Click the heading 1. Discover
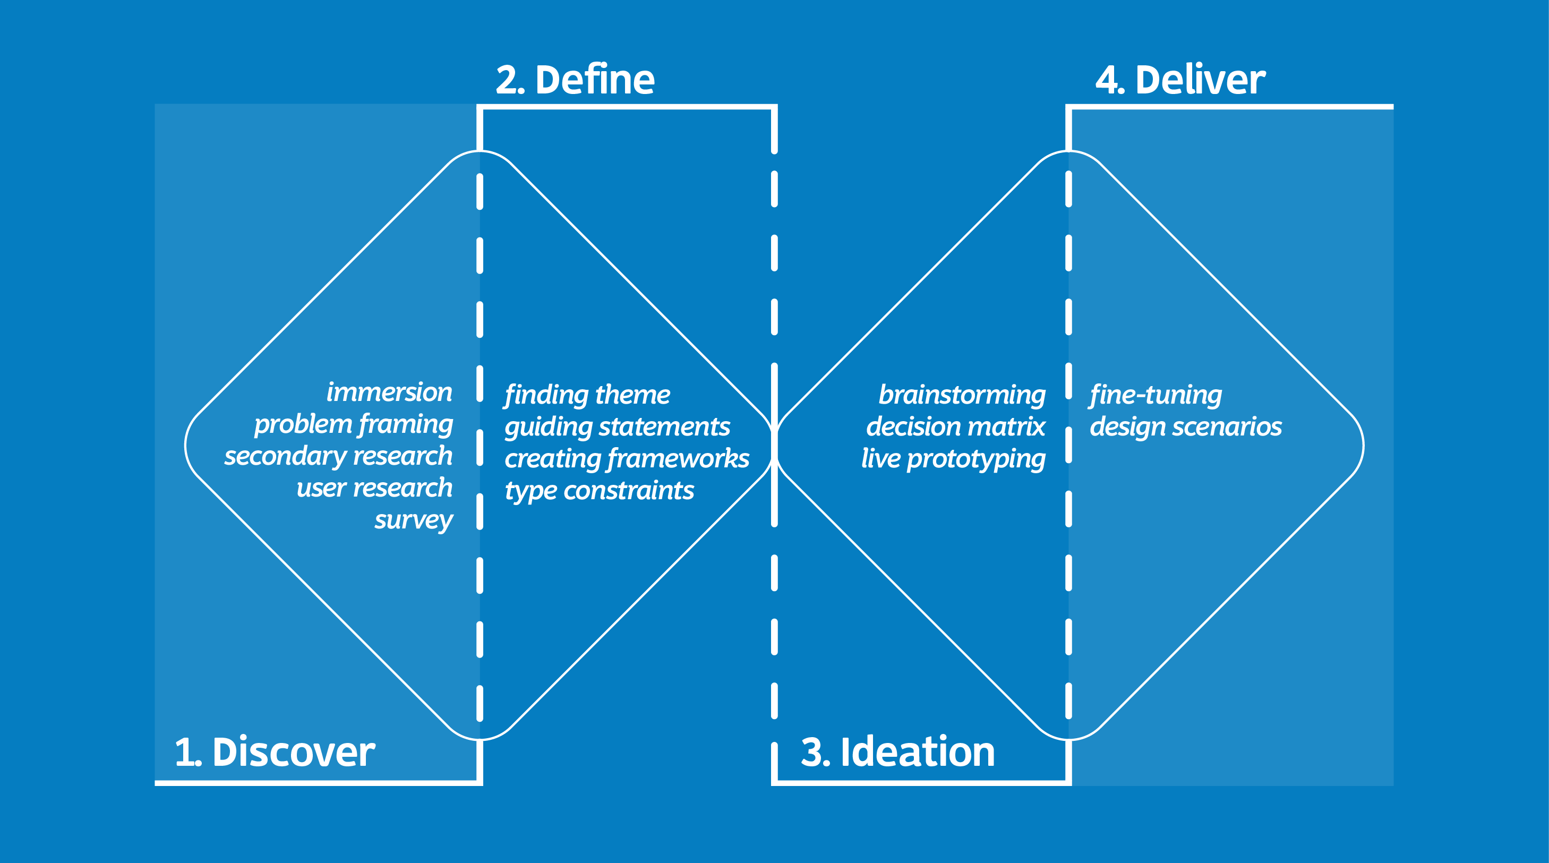pos(275,752)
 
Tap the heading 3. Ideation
pos(897,752)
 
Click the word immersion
pos(389,392)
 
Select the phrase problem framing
pos(353,424)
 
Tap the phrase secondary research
pos(338,456)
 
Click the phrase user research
pos(374,488)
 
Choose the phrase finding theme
pos(587,395)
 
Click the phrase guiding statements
pos(617,427)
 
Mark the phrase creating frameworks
pos(627,459)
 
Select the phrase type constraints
pos(599,491)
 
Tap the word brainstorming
pos(962,395)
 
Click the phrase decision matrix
pos(955,427)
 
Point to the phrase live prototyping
pos(953,459)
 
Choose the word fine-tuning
pos(1155,395)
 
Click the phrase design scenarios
pos(1185,427)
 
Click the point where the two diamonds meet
pos(774,445)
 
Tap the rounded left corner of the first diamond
pos(187,445)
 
